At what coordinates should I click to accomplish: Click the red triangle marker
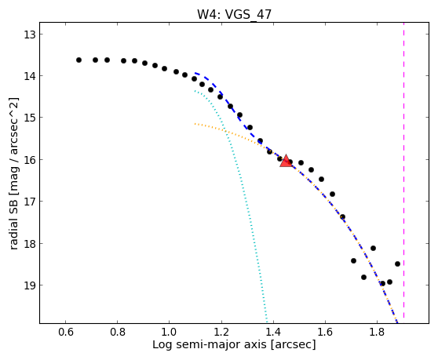point(286,161)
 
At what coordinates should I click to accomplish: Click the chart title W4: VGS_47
point(234,14)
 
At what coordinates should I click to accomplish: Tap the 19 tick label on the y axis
point(29,285)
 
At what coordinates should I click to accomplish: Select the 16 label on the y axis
point(29,160)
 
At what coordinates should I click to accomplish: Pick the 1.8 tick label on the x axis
point(377,333)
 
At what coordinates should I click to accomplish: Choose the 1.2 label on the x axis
point(221,333)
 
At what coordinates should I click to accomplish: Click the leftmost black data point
point(78,60)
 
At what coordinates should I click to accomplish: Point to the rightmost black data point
point(397,264)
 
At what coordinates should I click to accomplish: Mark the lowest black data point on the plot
point(383,284)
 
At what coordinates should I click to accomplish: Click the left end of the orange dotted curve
point(195,124)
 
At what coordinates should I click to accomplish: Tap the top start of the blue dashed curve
point(195,73)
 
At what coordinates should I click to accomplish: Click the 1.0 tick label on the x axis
point(170,333)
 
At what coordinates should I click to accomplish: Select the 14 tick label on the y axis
point(29,75)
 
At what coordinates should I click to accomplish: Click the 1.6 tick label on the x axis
point(325,333)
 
